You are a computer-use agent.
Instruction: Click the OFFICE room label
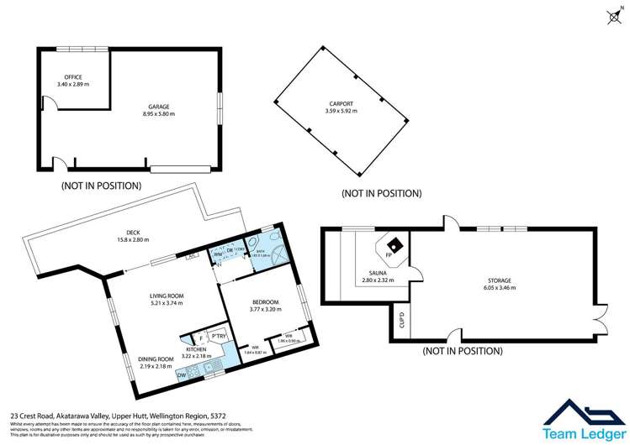[67, 77]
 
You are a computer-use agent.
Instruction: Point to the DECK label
[132, 233]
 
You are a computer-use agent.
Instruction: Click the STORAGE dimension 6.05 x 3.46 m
[497, 287]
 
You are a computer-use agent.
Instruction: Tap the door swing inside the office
[50, 103]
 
